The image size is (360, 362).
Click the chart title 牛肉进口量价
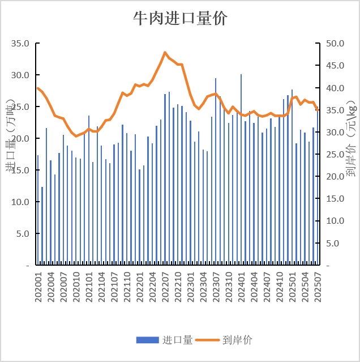coord(180,19)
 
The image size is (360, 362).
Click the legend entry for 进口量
coord(164,340)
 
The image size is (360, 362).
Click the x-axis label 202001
coord(38,286)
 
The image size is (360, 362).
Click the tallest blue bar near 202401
coord(241,170)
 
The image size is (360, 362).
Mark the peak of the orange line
coord(165,53)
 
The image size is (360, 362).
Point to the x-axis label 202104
coord(102,286)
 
